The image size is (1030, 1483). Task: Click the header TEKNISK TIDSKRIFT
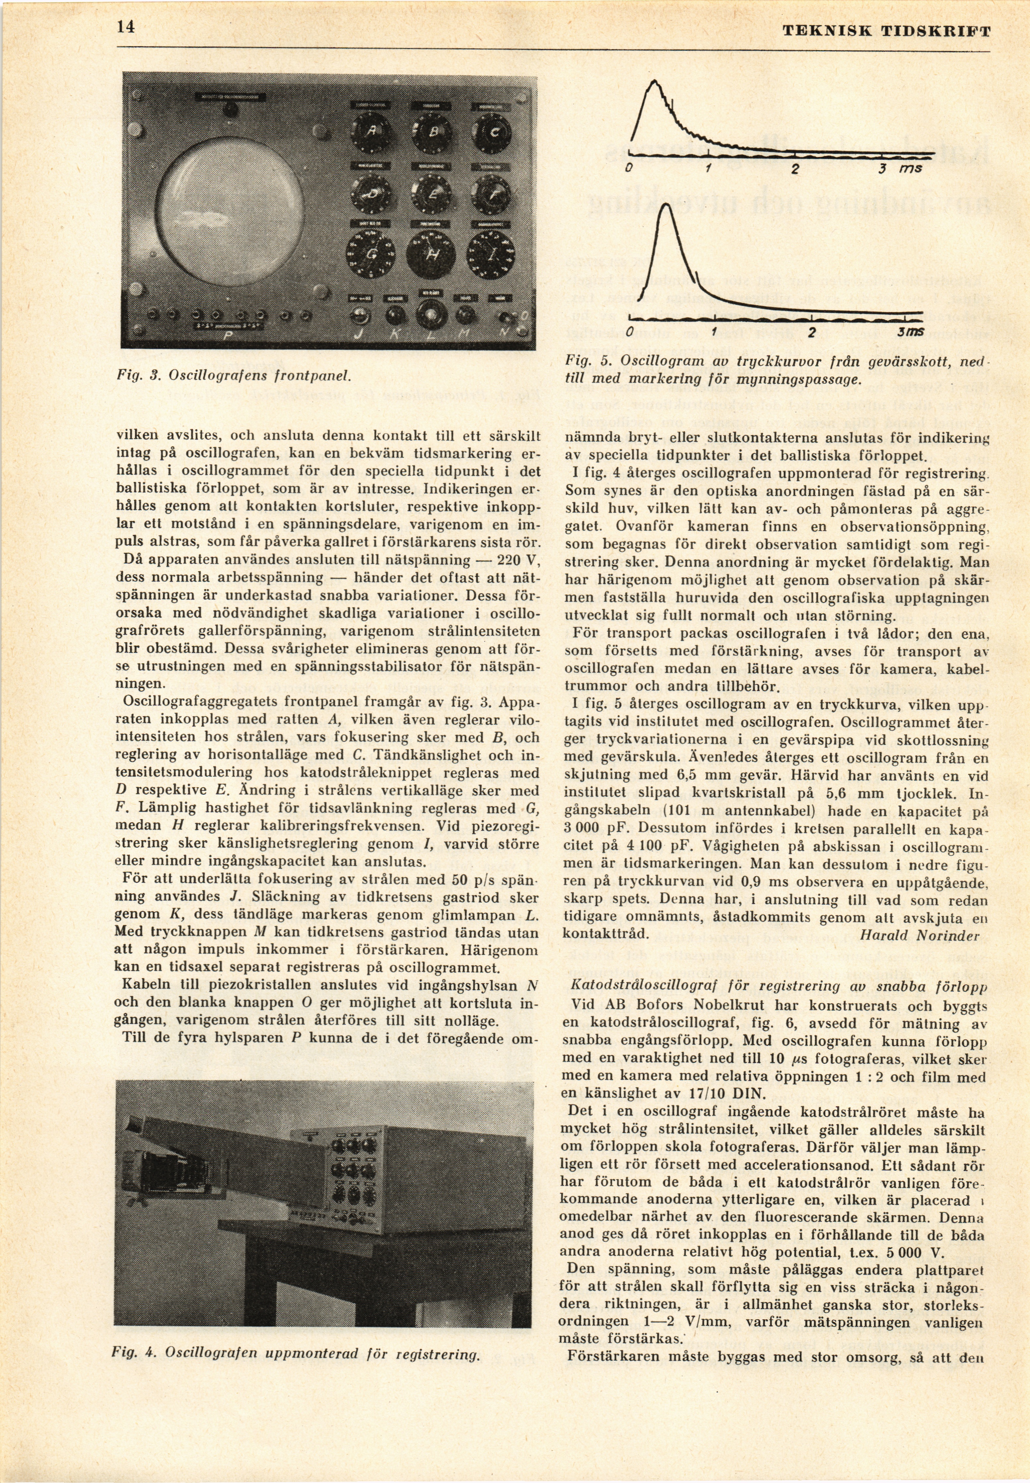[886, 31]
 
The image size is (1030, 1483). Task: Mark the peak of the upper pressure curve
[655, 80]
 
